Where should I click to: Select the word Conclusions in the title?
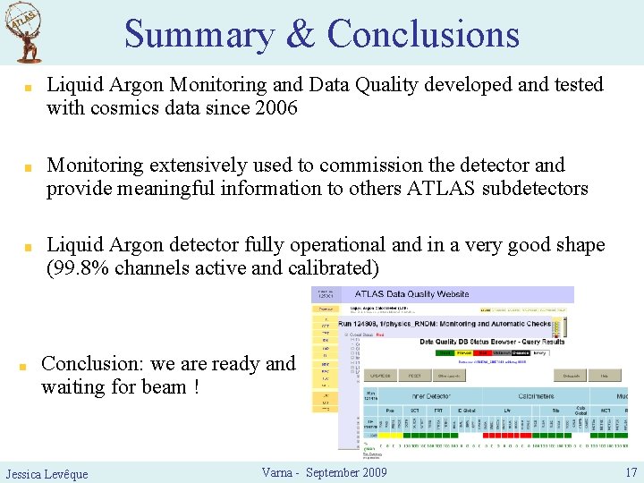click(x=423, y=34)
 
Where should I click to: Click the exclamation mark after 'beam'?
click(x=195, y=386)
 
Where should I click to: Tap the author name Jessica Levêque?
click(x=47, y=473)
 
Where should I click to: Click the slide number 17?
click(x=631, y=471)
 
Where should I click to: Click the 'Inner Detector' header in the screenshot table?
click(x=407, y=395)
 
